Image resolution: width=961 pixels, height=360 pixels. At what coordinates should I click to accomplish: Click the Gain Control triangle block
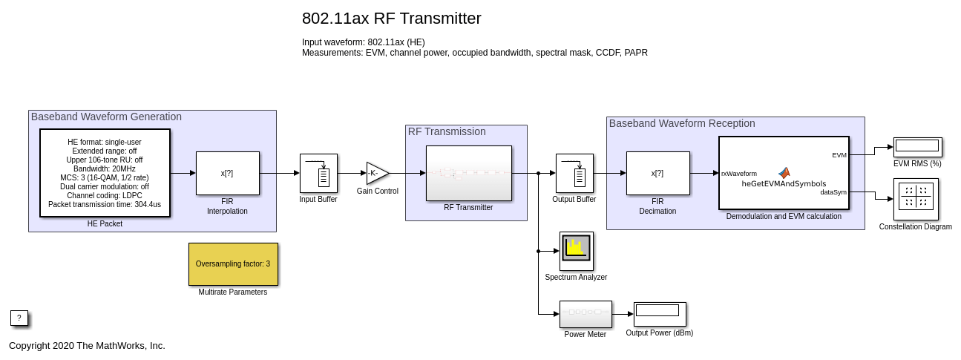point(376,173)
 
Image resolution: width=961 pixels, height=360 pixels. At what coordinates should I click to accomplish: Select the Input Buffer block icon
point(318,173)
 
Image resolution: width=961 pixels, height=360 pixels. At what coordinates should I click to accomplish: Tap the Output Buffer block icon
point(574,173)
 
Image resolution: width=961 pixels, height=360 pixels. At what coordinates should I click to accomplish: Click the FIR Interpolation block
point(228,173)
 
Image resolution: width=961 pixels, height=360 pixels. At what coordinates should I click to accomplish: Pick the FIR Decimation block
point(657,173)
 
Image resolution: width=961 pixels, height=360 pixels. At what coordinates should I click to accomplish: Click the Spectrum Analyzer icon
point(576,251)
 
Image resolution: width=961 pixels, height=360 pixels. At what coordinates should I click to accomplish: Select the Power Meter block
point(586,314)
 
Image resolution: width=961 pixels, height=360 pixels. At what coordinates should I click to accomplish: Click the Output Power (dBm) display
point(660,314)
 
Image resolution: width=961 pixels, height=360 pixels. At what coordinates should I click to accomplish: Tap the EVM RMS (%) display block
point(917,147)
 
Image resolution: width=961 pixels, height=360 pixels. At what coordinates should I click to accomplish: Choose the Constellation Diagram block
point(916,198)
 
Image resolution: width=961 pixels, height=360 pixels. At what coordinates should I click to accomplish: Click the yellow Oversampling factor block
point(233,264)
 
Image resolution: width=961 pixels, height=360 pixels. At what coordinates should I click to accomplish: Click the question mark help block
point(19,318)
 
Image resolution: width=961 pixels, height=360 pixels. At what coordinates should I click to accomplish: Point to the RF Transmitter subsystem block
point(468,173)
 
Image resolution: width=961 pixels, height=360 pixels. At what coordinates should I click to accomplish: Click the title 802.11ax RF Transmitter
point(391,19)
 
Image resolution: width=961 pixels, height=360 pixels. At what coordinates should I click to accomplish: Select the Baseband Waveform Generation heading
point(106,117)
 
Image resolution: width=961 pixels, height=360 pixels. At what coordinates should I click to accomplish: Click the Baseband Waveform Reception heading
point(682,123)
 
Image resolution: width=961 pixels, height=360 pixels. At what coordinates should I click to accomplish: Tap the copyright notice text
point(87,345)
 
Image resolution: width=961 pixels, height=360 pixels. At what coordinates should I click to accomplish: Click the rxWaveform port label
point(739,174)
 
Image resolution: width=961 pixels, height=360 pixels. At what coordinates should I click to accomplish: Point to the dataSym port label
point(833,192)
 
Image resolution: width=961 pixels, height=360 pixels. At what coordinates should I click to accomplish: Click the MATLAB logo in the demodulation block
point(784,172)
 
